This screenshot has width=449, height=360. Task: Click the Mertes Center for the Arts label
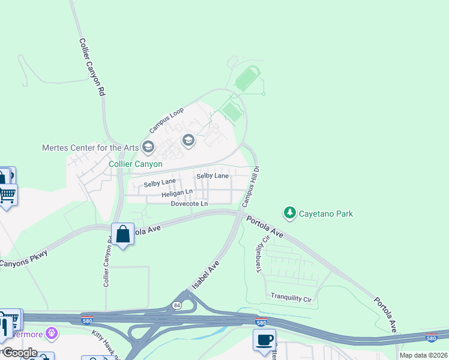[90, 148]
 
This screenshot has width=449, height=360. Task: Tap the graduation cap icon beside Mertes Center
[148, 147]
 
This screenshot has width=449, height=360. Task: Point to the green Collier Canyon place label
[135, 164]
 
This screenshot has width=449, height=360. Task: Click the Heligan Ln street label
[176, 194]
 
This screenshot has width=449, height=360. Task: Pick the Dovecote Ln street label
[189, 204]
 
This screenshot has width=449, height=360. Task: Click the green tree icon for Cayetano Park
[290, 213]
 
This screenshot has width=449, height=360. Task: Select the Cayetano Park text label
[326, 214]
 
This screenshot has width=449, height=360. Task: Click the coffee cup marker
[264, 340]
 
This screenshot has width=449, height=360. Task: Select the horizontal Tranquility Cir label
[291, 298]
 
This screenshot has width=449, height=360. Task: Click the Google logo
[19, 353]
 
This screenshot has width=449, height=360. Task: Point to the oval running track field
[247, 79]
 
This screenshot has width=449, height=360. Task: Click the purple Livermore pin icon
[53, 332]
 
